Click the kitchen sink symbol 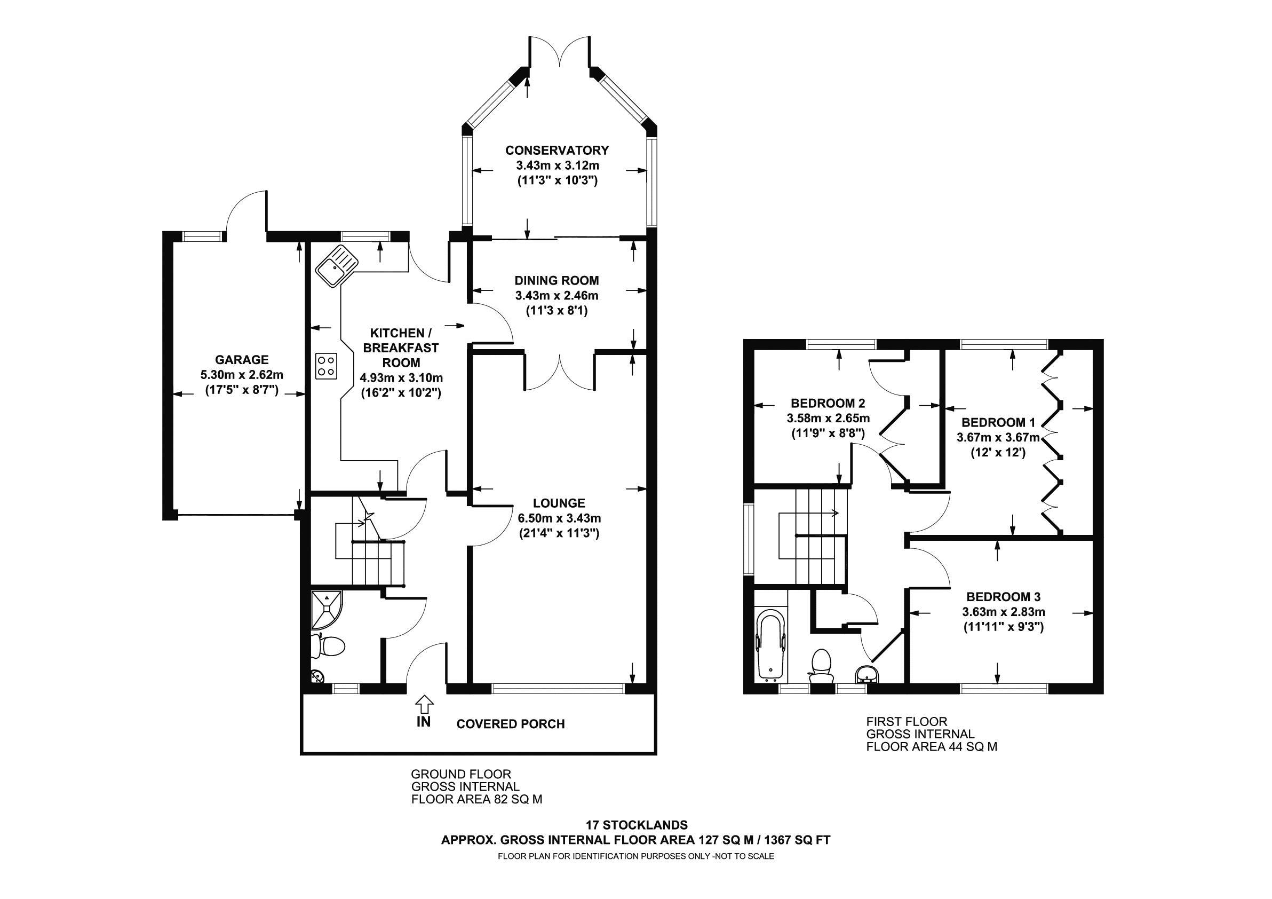[x=336, y=267]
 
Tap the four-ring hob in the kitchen [x=326, y=366]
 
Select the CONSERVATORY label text [x=557, y=150]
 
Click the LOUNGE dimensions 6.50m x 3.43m [x=560, y=518]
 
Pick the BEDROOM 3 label [x=1003, y=597]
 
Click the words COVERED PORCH [x=510, y=724]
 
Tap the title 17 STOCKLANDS [x=637, y=824]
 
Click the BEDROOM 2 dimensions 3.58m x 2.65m [x=828, y=418]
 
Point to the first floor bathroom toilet [x=820, y=667]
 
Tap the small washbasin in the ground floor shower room [x=317, y=676]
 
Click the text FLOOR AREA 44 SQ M [x=931, y=746]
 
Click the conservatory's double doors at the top [x=560, y=53]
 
